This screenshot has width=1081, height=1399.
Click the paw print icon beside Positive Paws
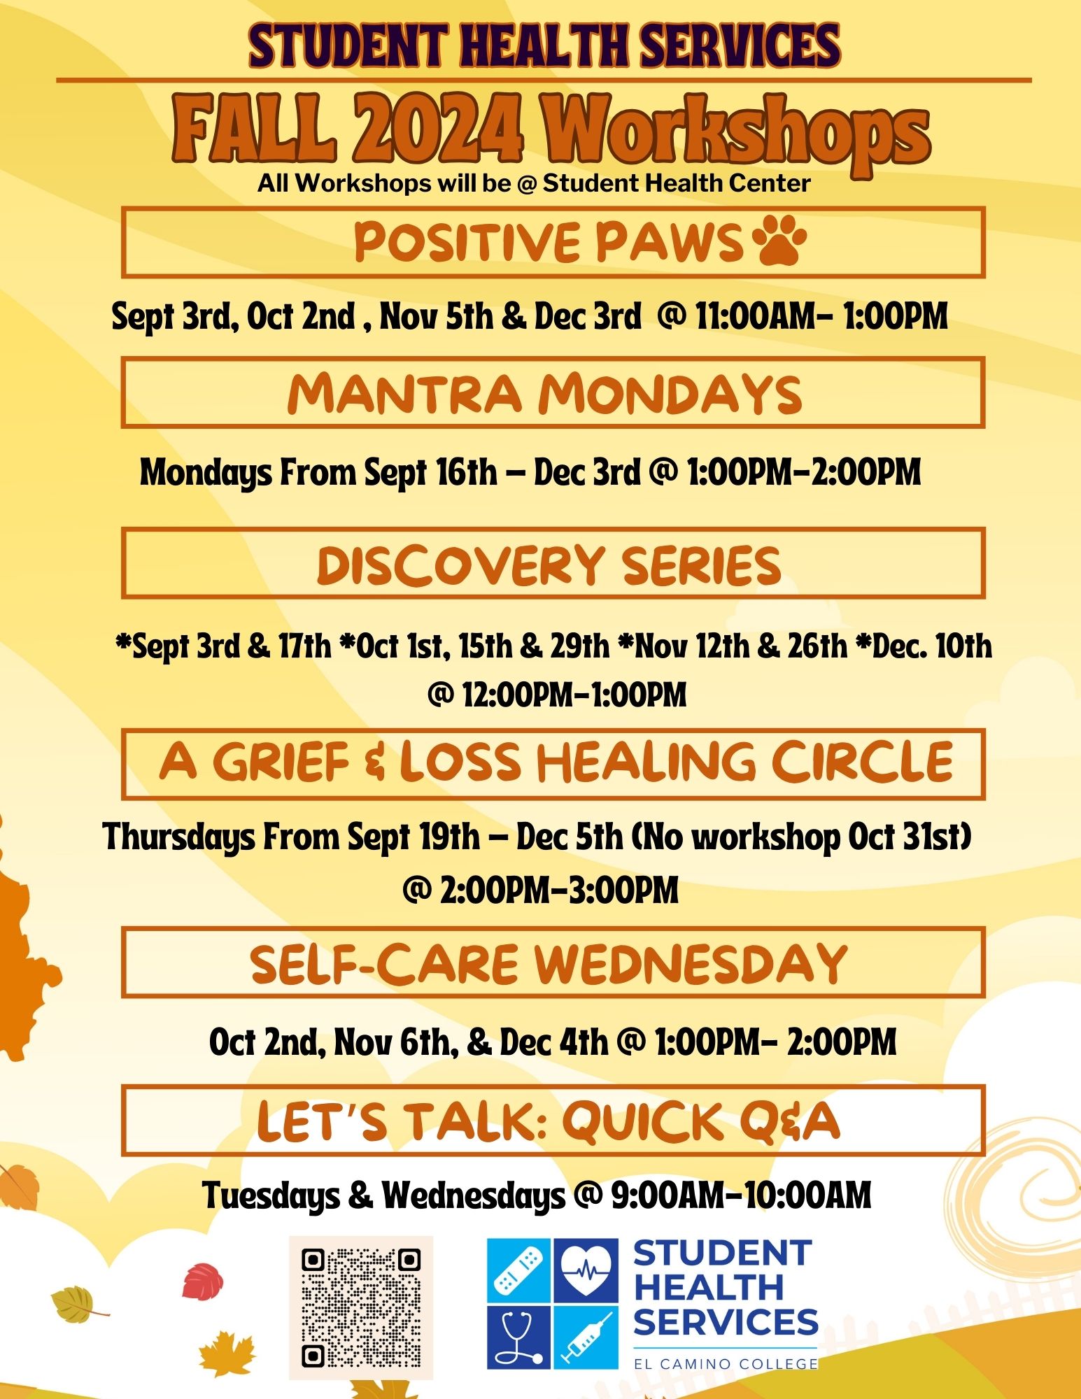coord(779,239)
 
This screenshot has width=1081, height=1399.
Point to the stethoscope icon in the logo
coord(519,1336)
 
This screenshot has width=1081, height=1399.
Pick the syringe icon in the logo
coord(586,1336)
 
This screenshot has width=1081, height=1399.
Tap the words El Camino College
coord(726,1363)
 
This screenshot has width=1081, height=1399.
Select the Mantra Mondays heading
coord(544,393)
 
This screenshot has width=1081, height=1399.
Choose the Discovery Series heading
coord(549,564)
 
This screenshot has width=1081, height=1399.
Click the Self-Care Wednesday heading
coord(549,963)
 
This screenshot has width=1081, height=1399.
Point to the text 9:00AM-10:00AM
coord(741,1195)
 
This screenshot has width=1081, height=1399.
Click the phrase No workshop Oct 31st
coord(802,837)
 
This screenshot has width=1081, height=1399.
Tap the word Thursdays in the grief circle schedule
coord(178,837)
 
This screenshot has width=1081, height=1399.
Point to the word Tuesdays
coord(271,1195)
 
